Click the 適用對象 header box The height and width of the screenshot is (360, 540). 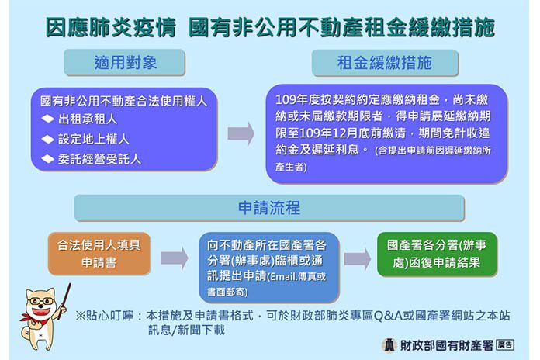(x=124, y=62)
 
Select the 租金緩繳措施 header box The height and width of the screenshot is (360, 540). (x=385, y=63)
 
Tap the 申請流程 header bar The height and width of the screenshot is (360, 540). (x=269, y=208)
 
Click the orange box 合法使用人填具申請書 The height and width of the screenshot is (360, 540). (x=99, y=254)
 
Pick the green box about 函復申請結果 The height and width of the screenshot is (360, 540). (x=437, y=254)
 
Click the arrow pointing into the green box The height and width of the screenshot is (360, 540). (x=358, y=258)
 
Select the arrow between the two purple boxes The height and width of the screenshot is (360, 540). (x=241, y=133)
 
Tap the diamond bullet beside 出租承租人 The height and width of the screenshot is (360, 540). (x=47, y=119)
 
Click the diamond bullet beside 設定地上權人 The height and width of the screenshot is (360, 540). (x=47, y=139)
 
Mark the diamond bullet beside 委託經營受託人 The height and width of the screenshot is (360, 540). (x=47, y=159)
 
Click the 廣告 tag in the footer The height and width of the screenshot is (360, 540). (x=505, y=344)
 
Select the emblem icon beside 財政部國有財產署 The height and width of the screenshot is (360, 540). (x=389, y=345)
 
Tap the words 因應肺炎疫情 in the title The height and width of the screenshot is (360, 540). (x=111, y=28)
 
